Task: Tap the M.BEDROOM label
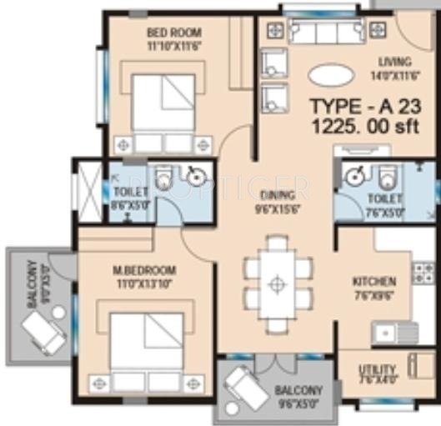tap(144, 271)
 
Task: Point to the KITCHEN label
tap(373, 281)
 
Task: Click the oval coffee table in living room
tap(331, 75)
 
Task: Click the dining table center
tap(277, 283)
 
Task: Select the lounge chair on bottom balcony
tap(248, 388)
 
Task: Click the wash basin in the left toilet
tap(196, 176)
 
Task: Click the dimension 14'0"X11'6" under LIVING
tap(393, 75)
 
